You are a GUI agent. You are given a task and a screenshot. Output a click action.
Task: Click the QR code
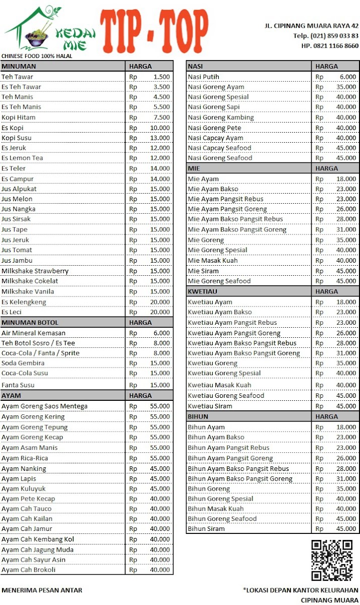pos(331,560)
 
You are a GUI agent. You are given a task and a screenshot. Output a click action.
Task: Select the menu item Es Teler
pos(14,168)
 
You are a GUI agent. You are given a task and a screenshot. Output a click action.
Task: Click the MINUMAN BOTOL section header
pos(30,322)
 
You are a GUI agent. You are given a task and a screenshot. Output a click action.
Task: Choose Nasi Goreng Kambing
pos(221,117)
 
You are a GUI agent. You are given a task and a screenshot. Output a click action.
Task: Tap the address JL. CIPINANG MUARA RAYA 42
pos(312,26)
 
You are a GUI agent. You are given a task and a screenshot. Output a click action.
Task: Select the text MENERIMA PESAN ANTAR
pos(42,590)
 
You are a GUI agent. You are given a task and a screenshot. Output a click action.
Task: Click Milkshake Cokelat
pos(30,281)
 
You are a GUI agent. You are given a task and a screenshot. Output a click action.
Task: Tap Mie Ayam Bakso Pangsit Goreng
pos(237,229)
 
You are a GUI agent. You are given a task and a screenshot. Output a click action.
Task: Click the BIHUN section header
pos(198,416)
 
